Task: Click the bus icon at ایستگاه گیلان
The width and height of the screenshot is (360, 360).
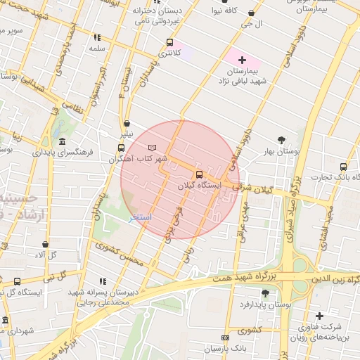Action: [199, 174]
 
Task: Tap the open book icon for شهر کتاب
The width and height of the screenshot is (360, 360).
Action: [153, 148]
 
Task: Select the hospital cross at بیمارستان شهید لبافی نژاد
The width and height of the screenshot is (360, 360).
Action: [243, 60]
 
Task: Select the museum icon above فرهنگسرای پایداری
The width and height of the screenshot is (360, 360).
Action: [63, 141]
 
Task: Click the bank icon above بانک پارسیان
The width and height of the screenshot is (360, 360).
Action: [224, 338]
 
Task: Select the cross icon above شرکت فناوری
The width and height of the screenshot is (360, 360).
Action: [320, 316]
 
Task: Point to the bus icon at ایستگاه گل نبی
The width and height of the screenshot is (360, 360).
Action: [17, 282]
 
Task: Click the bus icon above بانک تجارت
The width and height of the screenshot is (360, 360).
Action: [343, 167]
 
